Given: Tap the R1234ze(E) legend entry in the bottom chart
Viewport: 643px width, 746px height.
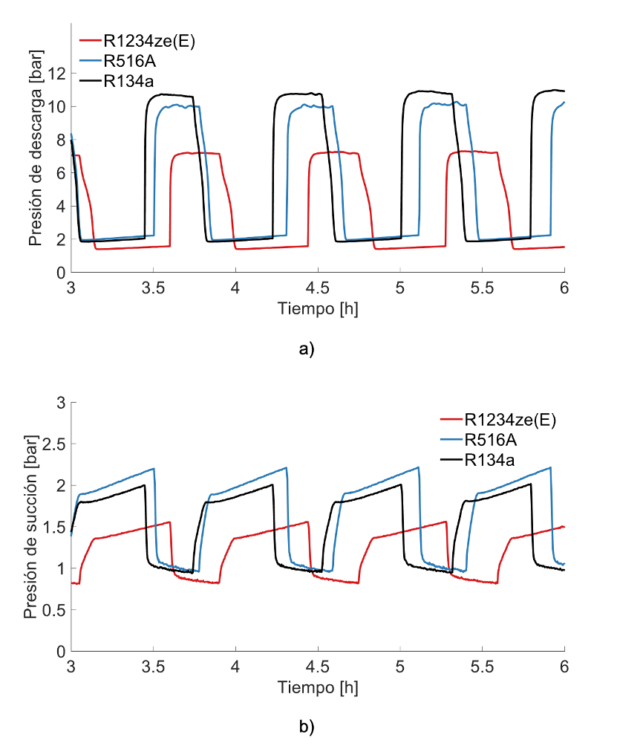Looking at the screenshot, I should click(510, 420).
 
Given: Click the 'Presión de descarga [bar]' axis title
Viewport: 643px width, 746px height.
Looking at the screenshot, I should click(35, 148).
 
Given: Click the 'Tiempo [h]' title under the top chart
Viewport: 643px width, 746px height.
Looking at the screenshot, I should click(318, 308).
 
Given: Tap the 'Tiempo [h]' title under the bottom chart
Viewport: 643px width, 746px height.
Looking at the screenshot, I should click(318, 687).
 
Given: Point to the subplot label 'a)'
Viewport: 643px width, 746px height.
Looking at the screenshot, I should click(307, 349).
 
